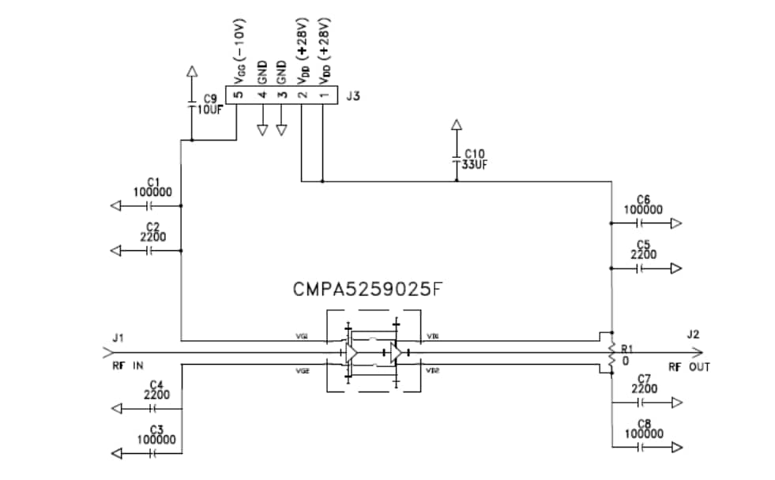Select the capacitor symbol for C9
point(191,104)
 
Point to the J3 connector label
point(353,97)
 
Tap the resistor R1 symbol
point(611,353)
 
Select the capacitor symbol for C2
point(149,251)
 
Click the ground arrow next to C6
point(675,223)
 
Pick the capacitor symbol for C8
point(641,448)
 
